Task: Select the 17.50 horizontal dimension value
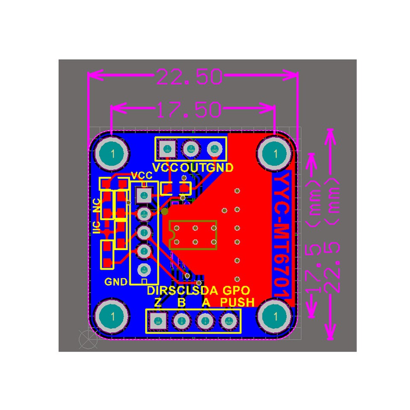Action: point(189,110)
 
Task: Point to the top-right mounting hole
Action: point(275,153)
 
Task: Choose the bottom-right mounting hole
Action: point(275,316)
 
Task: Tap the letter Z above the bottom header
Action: point(158,303)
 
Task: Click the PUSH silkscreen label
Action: point(237,303)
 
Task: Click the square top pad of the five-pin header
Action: point(143,195)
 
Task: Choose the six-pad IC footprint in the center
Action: point(193,235)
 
